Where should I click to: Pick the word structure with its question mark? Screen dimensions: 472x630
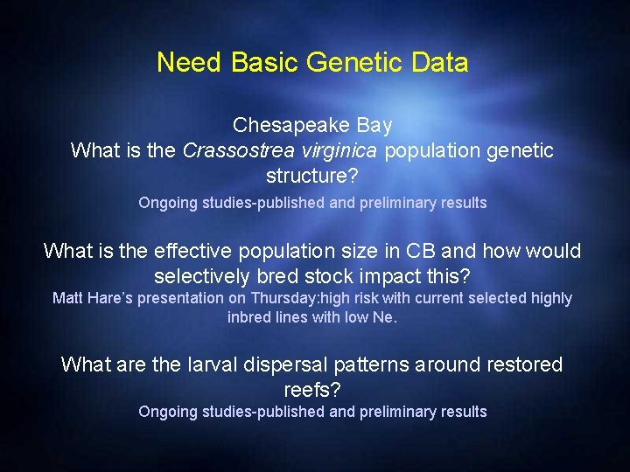pos(311,176)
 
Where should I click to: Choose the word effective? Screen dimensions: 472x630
pos(194,252)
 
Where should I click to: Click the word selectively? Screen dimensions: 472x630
pos(202,277)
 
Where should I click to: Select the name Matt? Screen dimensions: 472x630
pos(68,298)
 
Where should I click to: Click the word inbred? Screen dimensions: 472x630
pos(248,317)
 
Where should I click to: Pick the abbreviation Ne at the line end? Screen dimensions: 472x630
pos(385,317)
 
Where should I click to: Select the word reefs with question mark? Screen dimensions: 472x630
pos(311,390)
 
